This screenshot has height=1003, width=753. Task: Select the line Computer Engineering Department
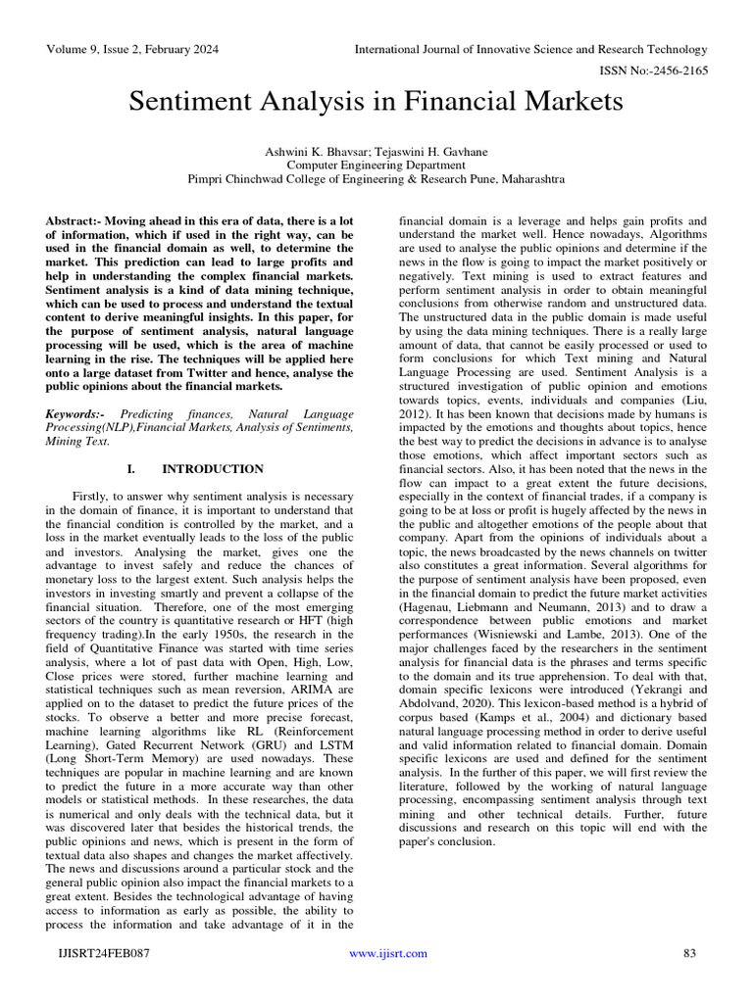pos(376,166)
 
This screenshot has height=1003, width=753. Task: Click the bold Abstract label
pos(76,222)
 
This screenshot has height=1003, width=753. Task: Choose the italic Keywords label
pos(80,415)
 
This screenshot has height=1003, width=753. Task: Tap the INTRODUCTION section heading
pos(213,469)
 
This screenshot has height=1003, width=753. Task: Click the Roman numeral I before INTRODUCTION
pos(130,469)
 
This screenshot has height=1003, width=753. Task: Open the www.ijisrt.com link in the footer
pos(388,953)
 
